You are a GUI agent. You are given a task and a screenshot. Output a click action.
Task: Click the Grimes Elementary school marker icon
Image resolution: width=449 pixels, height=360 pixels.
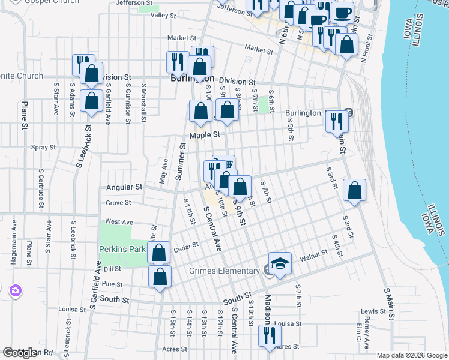coord(279,264)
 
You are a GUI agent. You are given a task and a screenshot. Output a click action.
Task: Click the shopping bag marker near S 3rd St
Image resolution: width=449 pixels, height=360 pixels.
coord(355,191)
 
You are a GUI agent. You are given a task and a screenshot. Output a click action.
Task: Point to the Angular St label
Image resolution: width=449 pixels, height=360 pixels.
coord(124,187)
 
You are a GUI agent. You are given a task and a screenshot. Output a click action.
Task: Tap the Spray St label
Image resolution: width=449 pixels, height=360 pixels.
coord(43,147)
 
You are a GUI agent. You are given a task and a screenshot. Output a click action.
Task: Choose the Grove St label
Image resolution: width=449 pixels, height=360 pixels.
coord(118,203)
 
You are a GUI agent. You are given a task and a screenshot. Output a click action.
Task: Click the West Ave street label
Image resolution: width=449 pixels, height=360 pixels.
coord(119,222)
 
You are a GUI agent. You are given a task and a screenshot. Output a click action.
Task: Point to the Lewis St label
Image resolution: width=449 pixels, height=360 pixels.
coord(373,312)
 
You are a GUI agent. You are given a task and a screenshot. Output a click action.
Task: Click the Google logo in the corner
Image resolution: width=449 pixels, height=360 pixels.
coord(20,353)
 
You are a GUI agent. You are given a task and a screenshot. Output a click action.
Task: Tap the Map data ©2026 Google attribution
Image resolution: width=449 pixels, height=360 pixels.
coord(412,355)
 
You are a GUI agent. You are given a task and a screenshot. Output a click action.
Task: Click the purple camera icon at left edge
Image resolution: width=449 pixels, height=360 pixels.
coord(15,291)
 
